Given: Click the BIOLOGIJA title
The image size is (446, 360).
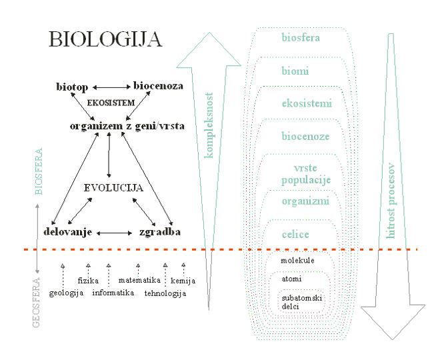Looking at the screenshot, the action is [105, 39].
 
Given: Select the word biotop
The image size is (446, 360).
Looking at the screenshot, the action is [72, 87].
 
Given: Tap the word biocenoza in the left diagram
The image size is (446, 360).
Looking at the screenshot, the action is [158, 86].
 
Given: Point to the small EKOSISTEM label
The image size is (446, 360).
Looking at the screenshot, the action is [111, 103].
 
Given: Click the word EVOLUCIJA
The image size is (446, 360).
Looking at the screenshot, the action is [113, 188].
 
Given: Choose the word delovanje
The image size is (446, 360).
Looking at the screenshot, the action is [68, 232].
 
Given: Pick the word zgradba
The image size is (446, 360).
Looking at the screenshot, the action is [160, 232].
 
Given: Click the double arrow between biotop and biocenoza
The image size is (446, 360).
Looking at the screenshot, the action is [111, 87].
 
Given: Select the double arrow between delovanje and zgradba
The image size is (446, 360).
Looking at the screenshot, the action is [114, 233].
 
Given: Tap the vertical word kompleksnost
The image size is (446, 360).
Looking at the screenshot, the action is [209, 125].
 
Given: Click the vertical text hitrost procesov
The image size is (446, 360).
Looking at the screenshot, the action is [391, 201].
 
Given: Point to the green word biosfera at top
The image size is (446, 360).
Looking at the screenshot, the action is [301, 37].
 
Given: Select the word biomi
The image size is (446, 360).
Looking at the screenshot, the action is [295, 71].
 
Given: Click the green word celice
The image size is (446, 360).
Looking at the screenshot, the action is [295, 235].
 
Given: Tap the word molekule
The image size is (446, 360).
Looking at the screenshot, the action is [297, 261].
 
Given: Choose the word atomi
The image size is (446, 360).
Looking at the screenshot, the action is [291, 279].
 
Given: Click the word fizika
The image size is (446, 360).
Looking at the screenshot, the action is [88, 281].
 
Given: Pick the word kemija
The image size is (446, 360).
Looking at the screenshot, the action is [183, 281].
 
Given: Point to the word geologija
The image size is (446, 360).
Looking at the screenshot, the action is [66, 293].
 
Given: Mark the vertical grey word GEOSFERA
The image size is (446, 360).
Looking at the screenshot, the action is [36, 302].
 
